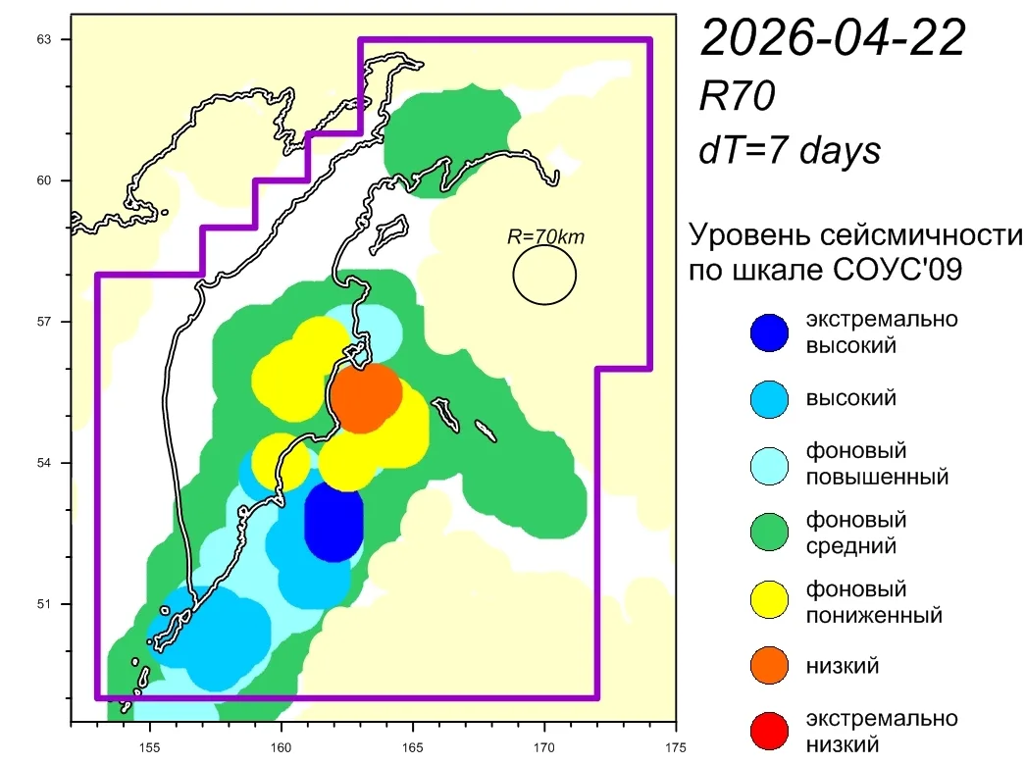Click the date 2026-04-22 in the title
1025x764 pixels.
tap(832, 38)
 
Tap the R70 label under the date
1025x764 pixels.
tap(737, 96)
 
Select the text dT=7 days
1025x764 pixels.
tap(790, 150)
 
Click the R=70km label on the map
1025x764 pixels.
tap(545, 236)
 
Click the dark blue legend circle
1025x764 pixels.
tap(769, 332)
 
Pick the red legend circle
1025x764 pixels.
tap(769, 731)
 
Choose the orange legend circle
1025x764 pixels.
tap(769, 665)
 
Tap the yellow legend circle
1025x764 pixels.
tap(769, 599)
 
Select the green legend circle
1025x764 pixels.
tap(769, 532)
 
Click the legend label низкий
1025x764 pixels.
tap(842, 666)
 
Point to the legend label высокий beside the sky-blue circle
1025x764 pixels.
tap(850, 398)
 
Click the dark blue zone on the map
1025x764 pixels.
tap(333, 523)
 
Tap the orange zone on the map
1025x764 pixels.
tap(366, 397)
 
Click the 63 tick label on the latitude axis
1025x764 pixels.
tap(44, 40)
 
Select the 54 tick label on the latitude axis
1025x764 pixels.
tap(44, 463)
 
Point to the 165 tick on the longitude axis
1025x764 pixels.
tap(413, 747)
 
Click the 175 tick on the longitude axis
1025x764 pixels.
tap(676, 747)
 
